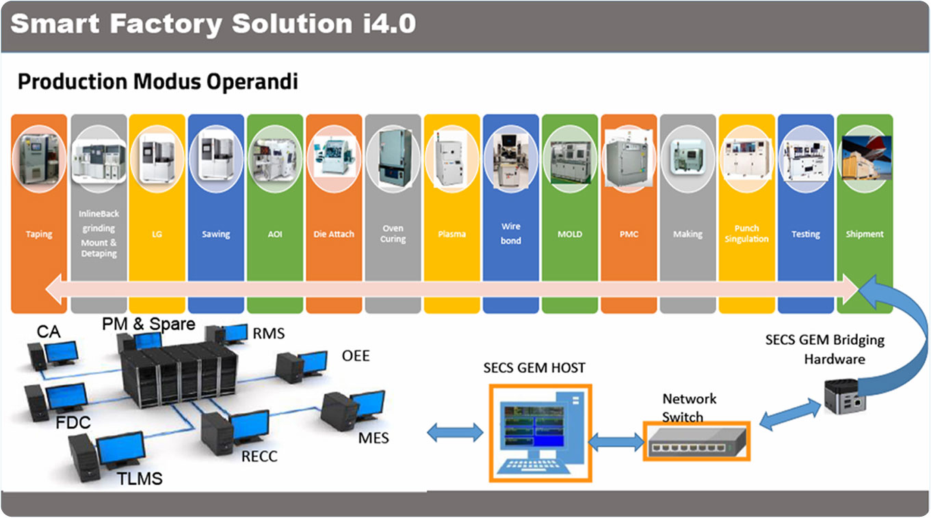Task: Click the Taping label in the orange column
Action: coord(39,234)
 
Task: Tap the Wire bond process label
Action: coord(511,233)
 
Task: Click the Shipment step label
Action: coord(865,234)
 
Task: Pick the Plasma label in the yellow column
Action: coord(451,234)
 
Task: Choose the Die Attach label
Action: coord(334,234)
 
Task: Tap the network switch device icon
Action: coord(696,441)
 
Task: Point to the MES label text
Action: coord(373,437)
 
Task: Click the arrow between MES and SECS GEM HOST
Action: coord(454,432)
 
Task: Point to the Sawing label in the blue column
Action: coord(215,234)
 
